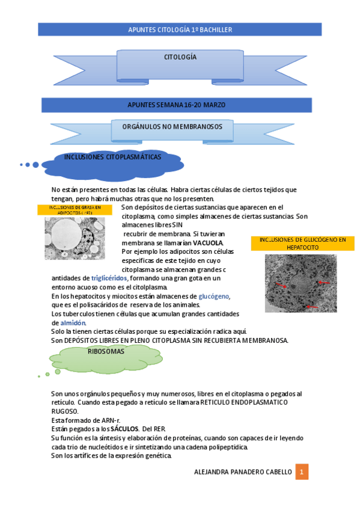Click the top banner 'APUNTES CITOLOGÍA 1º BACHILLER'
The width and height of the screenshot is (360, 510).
pyautogui.click(x=180, y=29)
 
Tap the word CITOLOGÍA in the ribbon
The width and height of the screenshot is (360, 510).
pyautogui.click(x=180, y=57)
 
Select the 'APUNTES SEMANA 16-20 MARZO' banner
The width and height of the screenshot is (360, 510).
pyautogui.click(x=177, y=105)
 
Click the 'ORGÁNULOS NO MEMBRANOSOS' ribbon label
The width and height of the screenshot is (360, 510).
pyautogui.click(x=172, y=127)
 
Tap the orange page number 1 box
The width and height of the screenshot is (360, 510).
pyautogui.click(x=302, y=472)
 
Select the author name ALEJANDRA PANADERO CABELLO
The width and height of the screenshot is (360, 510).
pyautogui.click(x=243, y=472)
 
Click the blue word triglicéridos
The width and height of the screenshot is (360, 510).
pyautogui.click(x=109, y=278)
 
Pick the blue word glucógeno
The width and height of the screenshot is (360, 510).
pyautogui.click(x=214, y=296)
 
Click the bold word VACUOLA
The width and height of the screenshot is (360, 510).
pyautogui.click(x=208, y=243)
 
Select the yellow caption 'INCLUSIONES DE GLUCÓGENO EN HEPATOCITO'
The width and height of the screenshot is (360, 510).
pyautogui.click(x=302, y=243)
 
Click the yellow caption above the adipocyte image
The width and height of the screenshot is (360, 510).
pyautogui.click(x=75, y=210)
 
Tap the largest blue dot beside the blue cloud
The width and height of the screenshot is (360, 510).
pyautogui.click(x=35, y=164)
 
